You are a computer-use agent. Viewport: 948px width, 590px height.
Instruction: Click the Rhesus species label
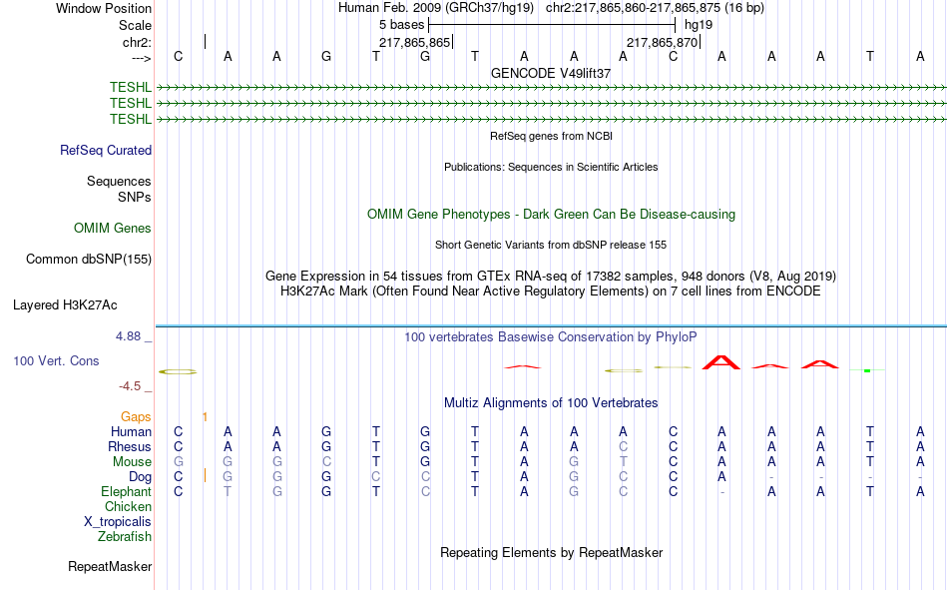point(130,446)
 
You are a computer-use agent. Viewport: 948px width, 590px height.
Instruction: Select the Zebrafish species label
point(125,537)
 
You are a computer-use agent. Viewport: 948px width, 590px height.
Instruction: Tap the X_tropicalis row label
point(118,522)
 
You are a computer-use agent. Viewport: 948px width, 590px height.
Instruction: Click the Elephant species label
point(126,491)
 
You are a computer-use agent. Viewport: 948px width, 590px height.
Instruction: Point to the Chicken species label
point(128,506)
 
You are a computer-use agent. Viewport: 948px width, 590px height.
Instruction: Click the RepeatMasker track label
point(110,566)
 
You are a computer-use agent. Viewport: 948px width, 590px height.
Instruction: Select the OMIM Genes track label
point(113,229)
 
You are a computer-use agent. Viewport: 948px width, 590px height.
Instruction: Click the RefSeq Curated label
point(106,150)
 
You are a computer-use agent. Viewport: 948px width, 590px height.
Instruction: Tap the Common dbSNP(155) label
point(89,259)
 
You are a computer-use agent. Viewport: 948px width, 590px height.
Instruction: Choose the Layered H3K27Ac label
point(65,305)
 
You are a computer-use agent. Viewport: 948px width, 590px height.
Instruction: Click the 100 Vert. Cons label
point(56,360)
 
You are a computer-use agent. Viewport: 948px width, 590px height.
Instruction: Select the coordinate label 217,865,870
point(662,42)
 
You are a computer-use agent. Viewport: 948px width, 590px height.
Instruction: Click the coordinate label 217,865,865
point(415,42)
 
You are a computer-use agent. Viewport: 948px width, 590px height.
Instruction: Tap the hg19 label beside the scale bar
point(699,25)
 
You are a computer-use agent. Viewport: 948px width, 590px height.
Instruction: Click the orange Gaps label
point(136,416)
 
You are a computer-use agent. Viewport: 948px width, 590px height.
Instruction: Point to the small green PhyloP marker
point(867,370)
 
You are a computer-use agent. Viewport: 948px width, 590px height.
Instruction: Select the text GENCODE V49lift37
point(551,73)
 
